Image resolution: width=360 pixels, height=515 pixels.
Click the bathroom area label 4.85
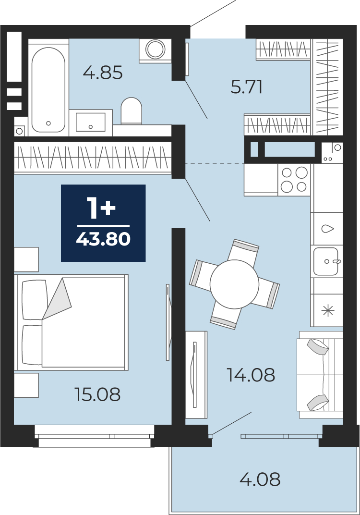point(103,73)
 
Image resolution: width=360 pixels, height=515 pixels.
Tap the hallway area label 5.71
point(246,87)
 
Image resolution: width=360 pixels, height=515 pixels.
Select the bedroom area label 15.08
point(98,394)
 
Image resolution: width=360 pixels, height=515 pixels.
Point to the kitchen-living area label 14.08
point(251,375)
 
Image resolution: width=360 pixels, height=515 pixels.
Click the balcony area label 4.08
point(260,479)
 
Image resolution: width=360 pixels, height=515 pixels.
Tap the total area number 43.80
point(103,239)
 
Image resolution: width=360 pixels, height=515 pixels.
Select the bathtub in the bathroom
point(48,87)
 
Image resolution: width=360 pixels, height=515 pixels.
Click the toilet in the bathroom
point(131,110)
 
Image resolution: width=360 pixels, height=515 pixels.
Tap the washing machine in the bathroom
point(155,50)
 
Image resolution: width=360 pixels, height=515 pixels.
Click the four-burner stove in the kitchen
point(294,180)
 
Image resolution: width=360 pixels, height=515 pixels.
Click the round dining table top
point(235,284)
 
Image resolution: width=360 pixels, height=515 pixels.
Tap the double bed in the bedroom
point(71,322)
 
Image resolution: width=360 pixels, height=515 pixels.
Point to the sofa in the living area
point(320,375)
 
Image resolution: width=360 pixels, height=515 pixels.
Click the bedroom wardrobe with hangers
point(93,157)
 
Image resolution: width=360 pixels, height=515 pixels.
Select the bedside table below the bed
point(26,385)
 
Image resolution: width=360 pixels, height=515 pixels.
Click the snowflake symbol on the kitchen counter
point(327,310)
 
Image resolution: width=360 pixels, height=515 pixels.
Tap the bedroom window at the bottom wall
point(95,436)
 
